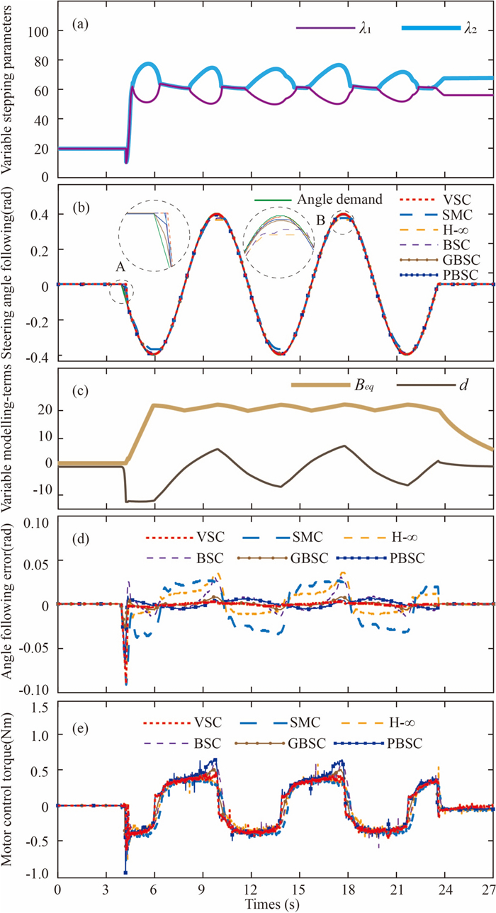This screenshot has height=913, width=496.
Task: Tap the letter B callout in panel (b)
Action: pos(321,220)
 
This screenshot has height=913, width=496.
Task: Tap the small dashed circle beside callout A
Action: pos(121,293)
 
